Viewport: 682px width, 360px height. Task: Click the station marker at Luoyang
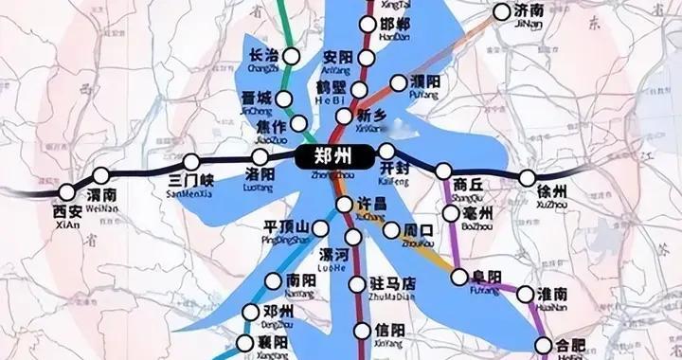[x=261, y=157]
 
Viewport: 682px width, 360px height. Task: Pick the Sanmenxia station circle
[x=192, y=162]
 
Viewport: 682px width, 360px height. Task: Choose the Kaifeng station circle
[x=386, y=153]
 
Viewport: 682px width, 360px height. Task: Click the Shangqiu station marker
[x=443, y=171]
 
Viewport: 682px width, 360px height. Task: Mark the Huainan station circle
[x=527, y=295]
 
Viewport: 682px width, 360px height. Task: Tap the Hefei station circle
[x=545, y=346]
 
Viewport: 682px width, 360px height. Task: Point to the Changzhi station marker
[x=291, y=58]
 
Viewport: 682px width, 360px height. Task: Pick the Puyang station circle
[x=399, y=83]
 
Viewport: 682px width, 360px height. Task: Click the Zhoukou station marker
[x=391, y=230]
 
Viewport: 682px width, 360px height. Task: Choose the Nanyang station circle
[x=274, y=281]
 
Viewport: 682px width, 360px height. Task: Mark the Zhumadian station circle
[x=357, y=284]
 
